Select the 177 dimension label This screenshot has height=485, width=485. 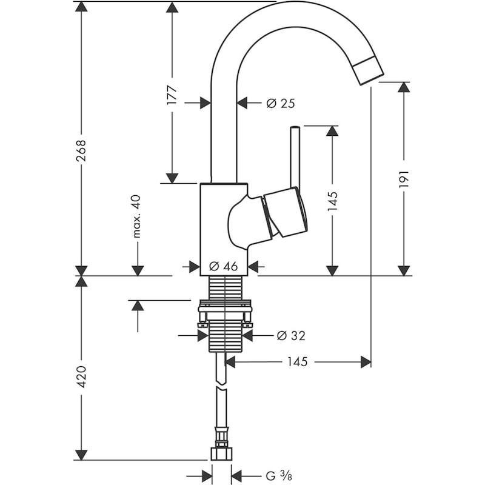point(172,95)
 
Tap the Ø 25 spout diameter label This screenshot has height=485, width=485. point(280,104)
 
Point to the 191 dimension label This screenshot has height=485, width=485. point(405,180)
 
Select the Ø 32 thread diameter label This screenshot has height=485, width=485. point(290,335)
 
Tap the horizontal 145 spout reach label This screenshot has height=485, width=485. point(298,362)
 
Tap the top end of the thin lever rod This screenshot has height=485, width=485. point(295,129)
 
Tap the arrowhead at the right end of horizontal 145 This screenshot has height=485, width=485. point(365,362)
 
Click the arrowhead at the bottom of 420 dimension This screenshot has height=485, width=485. point(81,455)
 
